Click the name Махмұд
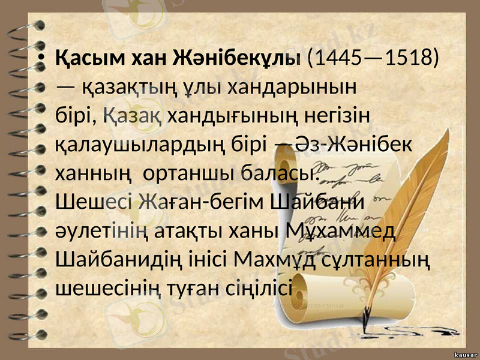point(281,260)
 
